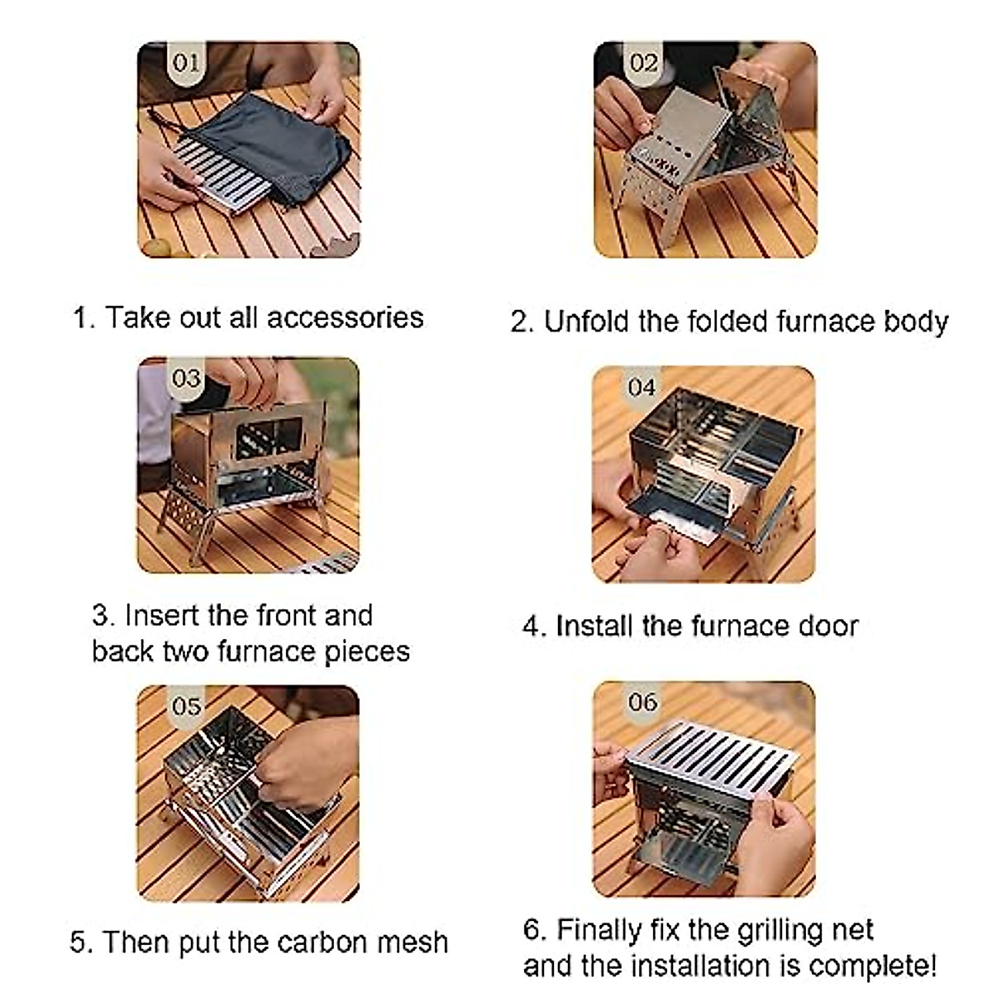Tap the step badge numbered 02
pyautogui.click(x=643, y=63)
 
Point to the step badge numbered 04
pyautogui.click(x=641, y=387)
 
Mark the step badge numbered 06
pyautogui.click(x=642, y=702)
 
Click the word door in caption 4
pyautogui.click(x=827, y=626)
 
